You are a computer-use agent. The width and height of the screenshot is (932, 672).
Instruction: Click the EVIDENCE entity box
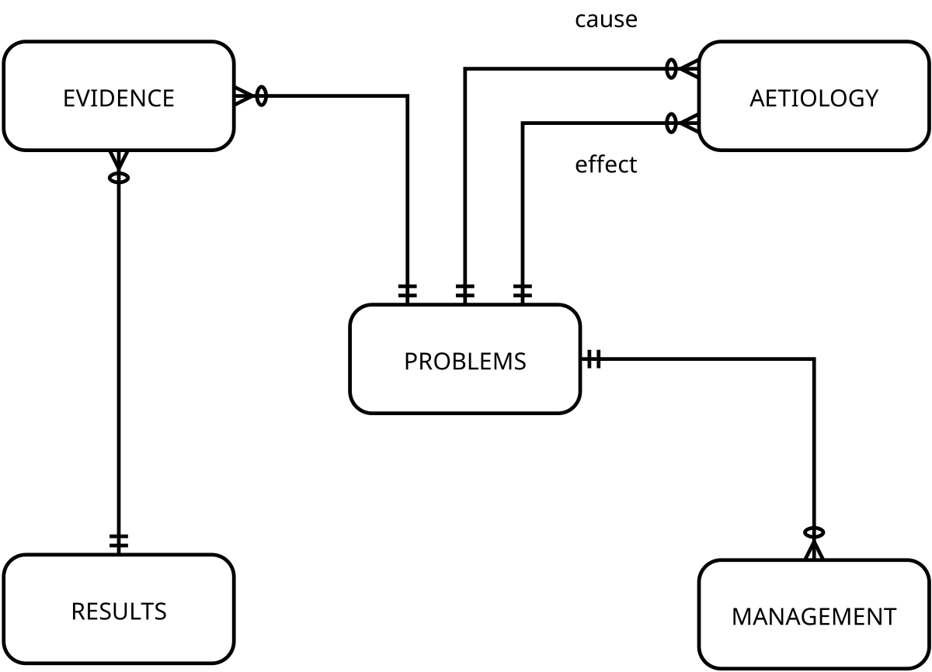click(x=118, y=96)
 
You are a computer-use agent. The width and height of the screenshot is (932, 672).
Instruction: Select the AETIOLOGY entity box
click(x=813, y=96)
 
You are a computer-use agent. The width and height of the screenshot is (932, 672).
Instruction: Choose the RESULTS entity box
click(x=118, y=610)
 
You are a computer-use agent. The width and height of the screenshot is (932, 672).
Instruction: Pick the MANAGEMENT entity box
click(x=813, y=615)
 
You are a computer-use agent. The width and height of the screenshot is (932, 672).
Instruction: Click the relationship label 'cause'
click(x=606, y=19)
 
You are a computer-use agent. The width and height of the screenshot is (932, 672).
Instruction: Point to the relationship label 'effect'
click(x=606, y=165)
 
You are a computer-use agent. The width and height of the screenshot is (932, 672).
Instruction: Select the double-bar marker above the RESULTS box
click(x=118, y=542)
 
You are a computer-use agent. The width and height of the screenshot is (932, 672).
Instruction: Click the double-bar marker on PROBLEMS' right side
click(x=593, y=359)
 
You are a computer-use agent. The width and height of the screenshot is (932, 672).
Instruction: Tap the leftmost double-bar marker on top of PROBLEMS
click(x=408, y=292)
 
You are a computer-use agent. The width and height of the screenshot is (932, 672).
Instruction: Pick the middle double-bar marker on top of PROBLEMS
click(x=464, y=292)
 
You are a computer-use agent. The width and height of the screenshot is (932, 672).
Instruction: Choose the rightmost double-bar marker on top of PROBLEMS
click(x=523, y=292)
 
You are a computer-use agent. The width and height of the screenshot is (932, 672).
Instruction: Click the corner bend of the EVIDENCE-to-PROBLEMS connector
click(x=408, y=96)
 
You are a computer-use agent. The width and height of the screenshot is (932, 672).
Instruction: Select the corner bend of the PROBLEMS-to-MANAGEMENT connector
click(x=813, y=359)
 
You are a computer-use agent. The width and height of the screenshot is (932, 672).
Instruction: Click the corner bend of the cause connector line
click(x=464, y=69)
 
